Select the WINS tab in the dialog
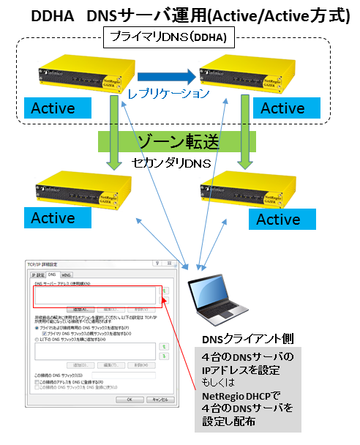[x=66, y=274]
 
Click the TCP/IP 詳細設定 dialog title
[x=44, y=263]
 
